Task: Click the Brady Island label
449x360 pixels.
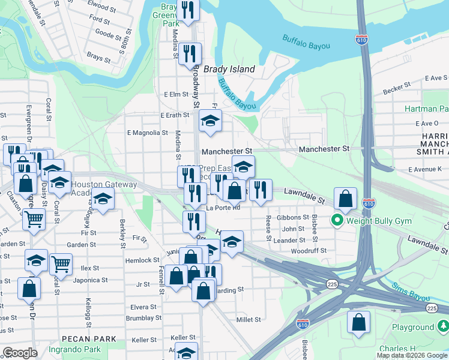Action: (229, 69)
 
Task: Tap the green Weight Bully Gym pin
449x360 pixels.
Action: (337, 221)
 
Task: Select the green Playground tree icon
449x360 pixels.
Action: (443, 327)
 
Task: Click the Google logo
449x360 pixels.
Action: (20, 353)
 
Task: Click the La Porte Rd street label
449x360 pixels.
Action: (223, 208)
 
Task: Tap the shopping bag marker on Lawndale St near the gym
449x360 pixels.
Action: (346, 198)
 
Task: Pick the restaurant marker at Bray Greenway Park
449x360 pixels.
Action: (188, 10)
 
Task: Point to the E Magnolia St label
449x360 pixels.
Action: (148, 133)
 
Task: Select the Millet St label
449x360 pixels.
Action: (249, 320)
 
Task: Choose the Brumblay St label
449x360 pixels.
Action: (142, 318)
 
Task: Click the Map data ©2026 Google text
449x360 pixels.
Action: (412, 355)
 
